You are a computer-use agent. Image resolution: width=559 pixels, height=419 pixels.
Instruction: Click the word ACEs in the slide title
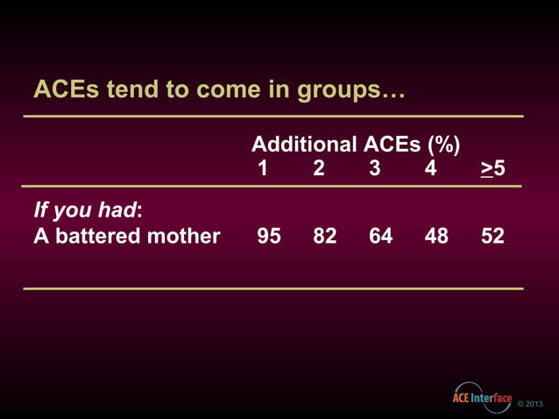(x=62, y=89)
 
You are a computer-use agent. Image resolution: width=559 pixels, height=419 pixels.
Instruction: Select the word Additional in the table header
(x=303, y=145)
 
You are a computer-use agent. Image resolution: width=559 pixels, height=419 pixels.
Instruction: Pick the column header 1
(x=263, y=167)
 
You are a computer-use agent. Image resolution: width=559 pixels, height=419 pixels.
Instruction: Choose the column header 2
(x=319, y=167)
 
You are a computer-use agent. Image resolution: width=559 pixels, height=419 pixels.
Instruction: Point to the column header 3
(x=375, y=167)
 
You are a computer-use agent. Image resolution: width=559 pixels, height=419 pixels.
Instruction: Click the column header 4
(x=430, y=167)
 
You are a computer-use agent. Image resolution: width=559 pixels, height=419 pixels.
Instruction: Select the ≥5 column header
(x=492, y=167)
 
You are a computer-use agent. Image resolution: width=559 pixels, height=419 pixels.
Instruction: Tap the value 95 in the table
(x=269, y=236)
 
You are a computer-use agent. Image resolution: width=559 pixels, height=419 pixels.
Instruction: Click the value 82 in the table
(x=325, y=236)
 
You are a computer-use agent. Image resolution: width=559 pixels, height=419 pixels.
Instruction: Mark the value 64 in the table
(x=381, y=236)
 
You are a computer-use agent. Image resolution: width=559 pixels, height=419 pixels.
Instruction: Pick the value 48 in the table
(x=436, y=236)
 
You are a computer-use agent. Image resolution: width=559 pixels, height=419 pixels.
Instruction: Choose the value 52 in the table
(x=492, y=236)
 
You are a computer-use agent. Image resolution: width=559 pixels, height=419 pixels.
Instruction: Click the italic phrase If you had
(x=86, y=211)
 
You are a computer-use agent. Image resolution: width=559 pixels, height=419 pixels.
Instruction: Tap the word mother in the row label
(x=182, y=236)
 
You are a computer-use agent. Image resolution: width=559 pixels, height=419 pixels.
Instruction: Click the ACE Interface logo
(x=481, y=397)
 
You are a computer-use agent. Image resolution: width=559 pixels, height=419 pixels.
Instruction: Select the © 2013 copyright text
(x=531, y=403)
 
